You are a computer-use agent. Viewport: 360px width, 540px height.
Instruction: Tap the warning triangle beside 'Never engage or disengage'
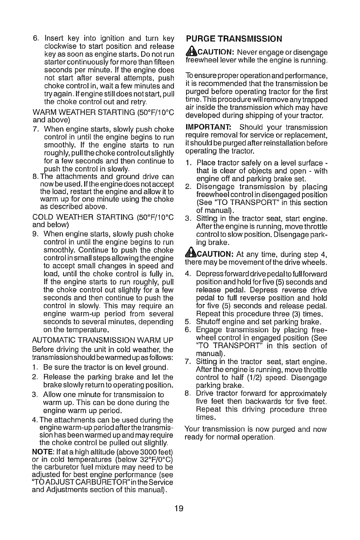tap(191, 52)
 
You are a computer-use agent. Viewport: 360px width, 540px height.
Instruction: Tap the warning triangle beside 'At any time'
tap(191, 255)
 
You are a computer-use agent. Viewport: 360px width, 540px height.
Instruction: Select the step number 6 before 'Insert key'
tap(34, 37)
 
